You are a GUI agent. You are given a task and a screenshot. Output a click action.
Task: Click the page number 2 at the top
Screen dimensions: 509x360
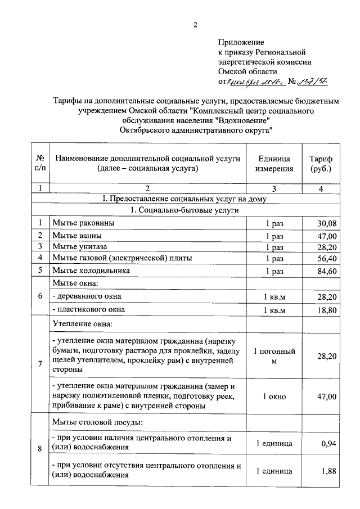[x=196, y=24]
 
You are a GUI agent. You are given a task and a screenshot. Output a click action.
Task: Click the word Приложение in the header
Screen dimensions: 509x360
[x=240, y=42]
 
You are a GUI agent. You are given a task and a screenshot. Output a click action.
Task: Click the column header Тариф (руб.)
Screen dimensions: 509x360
[x=321, y=163]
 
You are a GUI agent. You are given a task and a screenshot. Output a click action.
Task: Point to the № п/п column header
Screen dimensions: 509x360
[x=40, y=163]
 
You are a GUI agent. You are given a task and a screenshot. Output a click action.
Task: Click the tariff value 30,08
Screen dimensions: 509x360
[x=326, y=223]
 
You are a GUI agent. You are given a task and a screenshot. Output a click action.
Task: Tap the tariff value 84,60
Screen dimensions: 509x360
[x=326, y=271]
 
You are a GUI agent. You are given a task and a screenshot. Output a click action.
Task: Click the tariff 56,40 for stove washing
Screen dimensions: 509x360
[x=326, y=259]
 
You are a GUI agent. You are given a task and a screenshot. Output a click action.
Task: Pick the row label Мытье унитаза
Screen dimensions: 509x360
[x=79, y=247]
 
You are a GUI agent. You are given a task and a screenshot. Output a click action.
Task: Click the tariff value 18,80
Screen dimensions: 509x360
[x=326, y=310]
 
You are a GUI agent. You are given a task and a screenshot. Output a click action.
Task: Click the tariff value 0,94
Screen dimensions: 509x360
[x=328, y=444]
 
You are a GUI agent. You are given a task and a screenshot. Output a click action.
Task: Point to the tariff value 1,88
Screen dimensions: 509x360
[x=328, y=471]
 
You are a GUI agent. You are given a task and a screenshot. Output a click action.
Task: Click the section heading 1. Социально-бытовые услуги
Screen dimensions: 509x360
[x=184, y=210]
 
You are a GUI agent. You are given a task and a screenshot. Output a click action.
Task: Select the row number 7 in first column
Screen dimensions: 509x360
[x=40, y=364]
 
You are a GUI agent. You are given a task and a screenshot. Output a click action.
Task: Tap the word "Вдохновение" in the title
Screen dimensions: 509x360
[x=238, y=120]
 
